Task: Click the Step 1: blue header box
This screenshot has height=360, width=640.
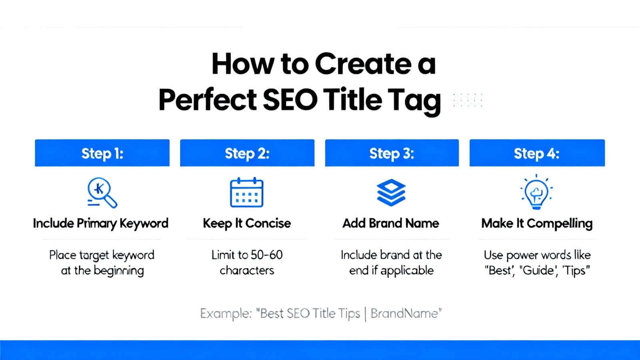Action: tap(102, 153)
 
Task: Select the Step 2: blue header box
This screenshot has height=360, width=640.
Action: tap(247, 153)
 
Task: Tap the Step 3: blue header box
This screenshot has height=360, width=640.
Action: tap(392, 153)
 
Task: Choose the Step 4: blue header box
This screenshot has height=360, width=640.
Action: tap(537, 153)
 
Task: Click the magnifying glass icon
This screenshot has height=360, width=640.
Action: tap(102, 192)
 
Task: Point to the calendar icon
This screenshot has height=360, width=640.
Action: tap(246, 192)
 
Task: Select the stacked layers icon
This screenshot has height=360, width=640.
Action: tap(391, 192)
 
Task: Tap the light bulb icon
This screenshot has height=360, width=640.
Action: tap(536, 192)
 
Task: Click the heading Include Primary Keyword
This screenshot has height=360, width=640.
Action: tap(100, 224)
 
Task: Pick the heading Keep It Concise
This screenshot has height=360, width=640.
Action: tap(247, 224)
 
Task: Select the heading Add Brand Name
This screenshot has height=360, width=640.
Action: tap(390, 224)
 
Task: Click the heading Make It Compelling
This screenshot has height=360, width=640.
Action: tap(537, 224)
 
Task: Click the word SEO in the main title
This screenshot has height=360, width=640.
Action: tap(290, 100)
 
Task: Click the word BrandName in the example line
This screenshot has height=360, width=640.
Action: tap(404, 314)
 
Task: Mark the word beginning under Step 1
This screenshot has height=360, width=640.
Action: tap(118, 271)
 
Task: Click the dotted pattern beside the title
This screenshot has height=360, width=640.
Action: tap(468, 100)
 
